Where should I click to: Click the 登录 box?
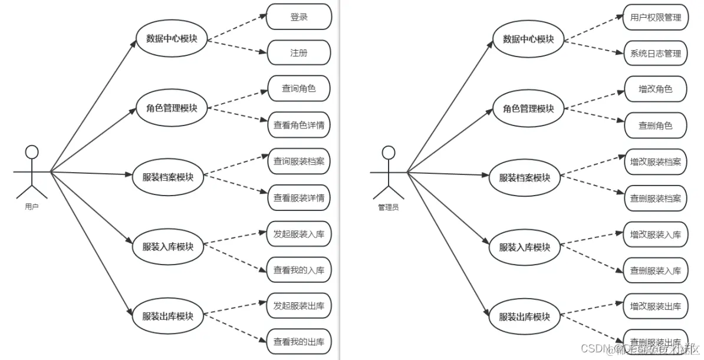(x=298, y=17)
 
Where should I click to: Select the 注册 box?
(x=298, y=53)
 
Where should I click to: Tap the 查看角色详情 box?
(x=298, y=125)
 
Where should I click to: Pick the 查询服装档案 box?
(x=298, y=161)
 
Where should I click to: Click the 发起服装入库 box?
(x=298, y=234)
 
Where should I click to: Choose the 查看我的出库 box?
(x=298, y=341)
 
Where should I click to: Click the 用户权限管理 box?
(x=655, y=17)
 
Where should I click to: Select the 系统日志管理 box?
(x=655, y=53)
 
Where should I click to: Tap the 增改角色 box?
(x=655, y=89)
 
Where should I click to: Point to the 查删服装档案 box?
(x=655, y=198)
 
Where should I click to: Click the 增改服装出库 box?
(x=655, y=306)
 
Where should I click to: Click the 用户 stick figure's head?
(x=32, y=152)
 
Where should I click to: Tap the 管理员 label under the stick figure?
(x=388, y=207)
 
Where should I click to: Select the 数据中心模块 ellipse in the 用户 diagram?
(x=172, y=39)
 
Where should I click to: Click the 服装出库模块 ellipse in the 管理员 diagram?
(x=524, y=316)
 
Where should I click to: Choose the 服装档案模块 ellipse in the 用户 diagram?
(x=168, y=176)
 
